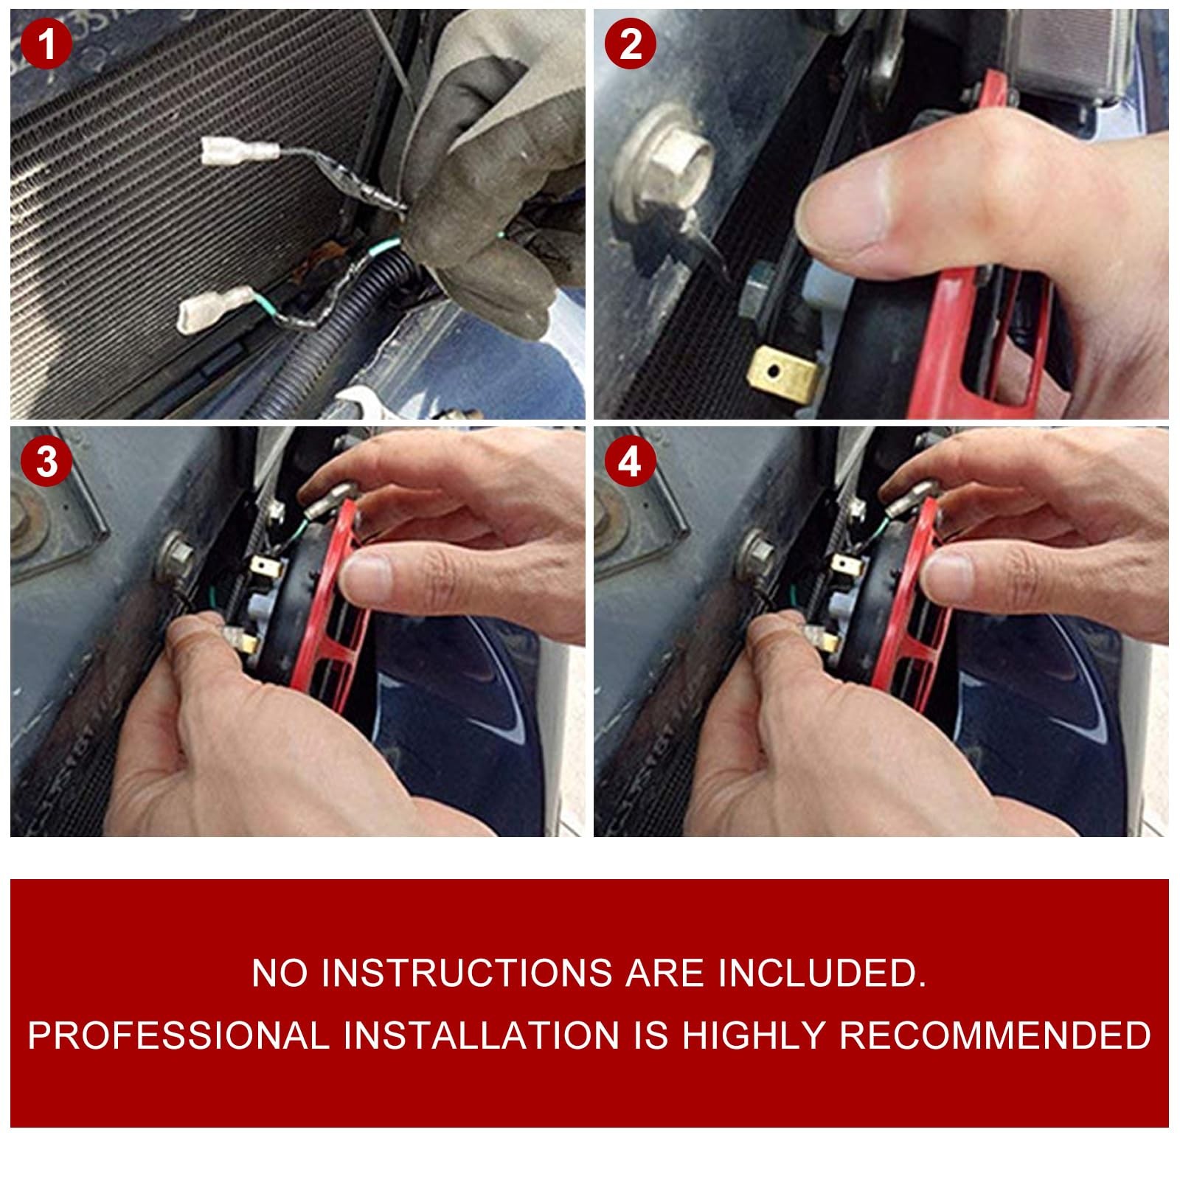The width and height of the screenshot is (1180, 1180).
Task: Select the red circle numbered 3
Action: (x=46, y=462)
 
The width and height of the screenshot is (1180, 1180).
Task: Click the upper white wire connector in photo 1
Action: (x=240, y=152)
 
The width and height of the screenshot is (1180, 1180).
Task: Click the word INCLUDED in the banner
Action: (x=822, y=973)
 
